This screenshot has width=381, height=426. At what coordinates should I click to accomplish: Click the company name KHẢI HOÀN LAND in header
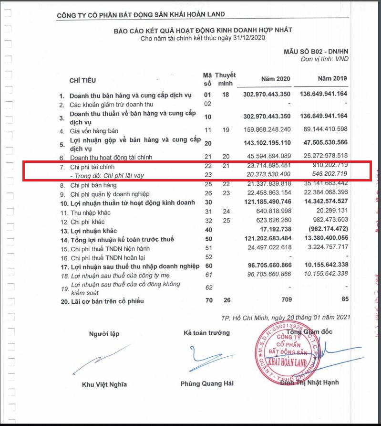point(141,15)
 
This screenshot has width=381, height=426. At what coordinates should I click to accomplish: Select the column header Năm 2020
point(275,79)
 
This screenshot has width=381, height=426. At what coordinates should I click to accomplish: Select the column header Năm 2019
point(332,78)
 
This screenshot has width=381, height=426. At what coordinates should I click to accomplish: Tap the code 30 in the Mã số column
point(207,203)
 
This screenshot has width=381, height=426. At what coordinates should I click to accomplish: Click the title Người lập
point(103,334)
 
